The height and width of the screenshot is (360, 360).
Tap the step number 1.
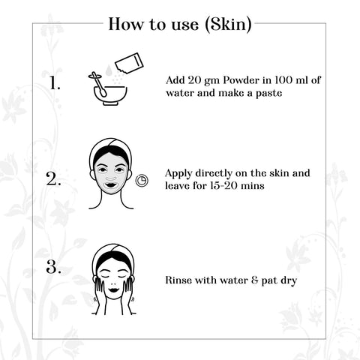pyautogui.click(x=55, y=82)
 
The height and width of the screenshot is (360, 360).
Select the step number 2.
pyautogui.click(x=53, y=178)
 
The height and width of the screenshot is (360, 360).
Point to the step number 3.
pyautogui.click(x=53, y=267)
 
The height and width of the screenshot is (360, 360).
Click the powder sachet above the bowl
pyautogui.click(x=129, y=64)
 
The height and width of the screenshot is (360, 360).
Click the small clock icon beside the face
pyautogui.click(x=142, y=180)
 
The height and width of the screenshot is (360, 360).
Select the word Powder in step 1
pyautogui.click(x=238, y=80)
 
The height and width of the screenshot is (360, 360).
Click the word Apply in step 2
pyautogui.click(x=178, y=174)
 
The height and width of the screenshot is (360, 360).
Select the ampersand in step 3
pyautogui.click(x=254, y=280)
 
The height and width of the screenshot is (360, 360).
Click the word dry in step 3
pyautogui.click(x=289, y=280)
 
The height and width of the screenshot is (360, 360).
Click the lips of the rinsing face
pyautogui.click(x=113, y=291)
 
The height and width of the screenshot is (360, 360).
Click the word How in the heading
pyautogui.click(x=127, y=24)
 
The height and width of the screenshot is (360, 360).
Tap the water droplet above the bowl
pyautogui.click(x=108, y=70)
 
